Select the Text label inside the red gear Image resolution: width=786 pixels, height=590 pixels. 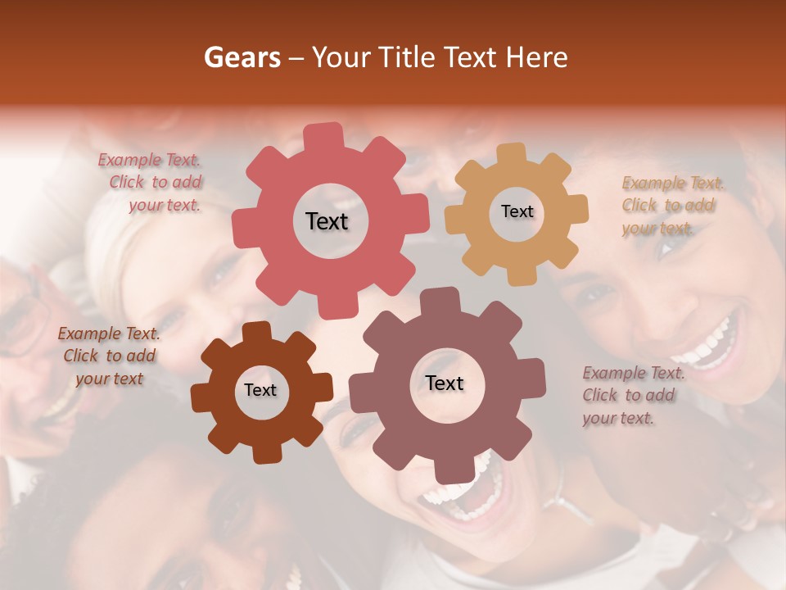327,221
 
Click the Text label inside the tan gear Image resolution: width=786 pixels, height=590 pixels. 517,211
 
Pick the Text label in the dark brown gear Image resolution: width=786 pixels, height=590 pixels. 260,390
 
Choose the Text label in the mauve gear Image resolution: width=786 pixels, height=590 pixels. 445,383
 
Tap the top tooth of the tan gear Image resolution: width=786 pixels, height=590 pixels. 512,153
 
